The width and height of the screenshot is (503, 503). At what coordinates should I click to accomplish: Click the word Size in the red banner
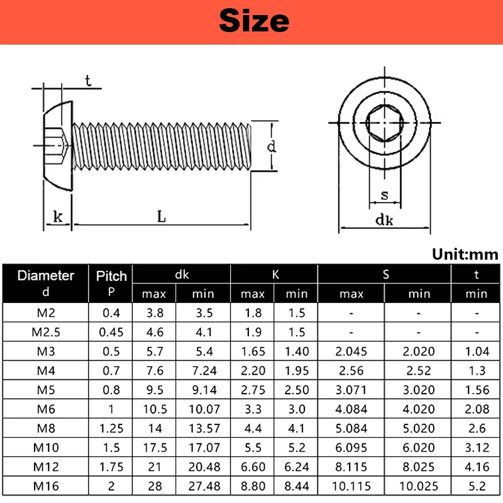tap(254, 21)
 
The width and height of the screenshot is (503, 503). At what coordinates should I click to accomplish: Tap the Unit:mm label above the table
tap(465, 255)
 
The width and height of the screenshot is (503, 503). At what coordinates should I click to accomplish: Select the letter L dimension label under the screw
tap(162, 217)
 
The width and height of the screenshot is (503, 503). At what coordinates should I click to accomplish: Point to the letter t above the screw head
tap(88, 80)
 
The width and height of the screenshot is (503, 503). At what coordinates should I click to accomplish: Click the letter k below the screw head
tap(58, 217)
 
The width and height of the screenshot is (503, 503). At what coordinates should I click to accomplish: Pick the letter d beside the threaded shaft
tap(271, 147)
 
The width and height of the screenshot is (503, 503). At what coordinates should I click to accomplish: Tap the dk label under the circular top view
tap(384, 220)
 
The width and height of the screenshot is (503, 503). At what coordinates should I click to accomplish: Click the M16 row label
tap(45, 487)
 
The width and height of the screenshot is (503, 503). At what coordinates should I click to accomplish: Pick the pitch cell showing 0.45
tap(111, 331)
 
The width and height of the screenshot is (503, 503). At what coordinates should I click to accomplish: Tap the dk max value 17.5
tap(154, 447)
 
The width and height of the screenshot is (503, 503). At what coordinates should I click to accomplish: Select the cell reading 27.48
tap(203, 487)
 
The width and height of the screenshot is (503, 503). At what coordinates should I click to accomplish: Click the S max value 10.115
tap(351, 487)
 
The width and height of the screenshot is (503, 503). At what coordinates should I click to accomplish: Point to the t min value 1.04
tap(477, 351)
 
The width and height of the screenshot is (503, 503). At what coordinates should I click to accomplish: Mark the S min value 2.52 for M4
tap(418, 371)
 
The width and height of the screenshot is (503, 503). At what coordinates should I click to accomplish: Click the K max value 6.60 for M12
tap(252, 467)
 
